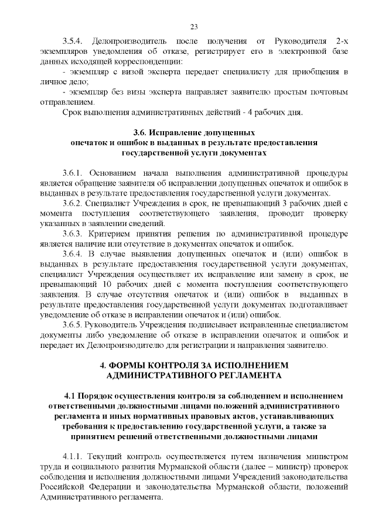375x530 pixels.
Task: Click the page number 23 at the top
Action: [193, 26]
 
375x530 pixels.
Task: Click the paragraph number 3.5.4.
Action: [74, 40]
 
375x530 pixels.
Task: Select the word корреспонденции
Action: [154, 61]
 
